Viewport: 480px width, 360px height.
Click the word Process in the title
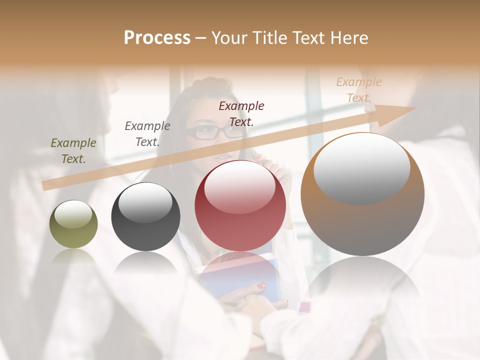157,38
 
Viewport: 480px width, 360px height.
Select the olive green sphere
73,224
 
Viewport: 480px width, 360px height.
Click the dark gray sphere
145,217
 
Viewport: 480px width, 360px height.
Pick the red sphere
240,206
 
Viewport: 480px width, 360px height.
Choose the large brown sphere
362,194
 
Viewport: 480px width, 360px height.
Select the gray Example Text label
147,134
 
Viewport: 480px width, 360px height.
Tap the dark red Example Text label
241,113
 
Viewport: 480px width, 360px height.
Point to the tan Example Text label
359,90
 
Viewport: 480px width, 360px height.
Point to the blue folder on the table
240,280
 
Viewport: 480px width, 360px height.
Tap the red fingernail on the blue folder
260,286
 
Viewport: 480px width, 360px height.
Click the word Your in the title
228,38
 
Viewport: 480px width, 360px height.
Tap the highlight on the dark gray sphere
145,201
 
